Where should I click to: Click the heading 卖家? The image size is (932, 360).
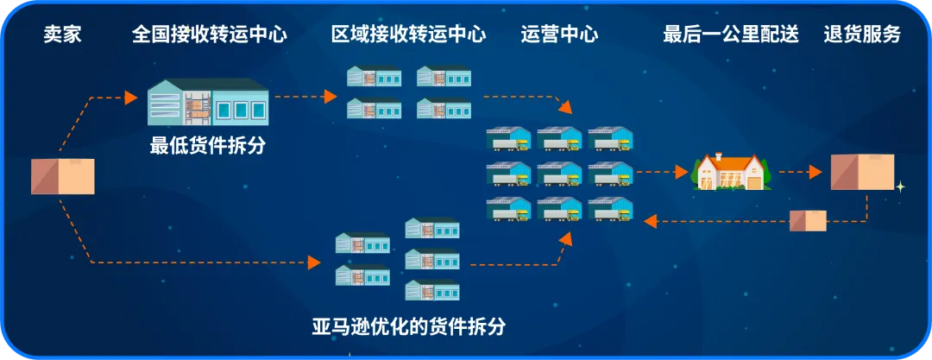pos(62,35)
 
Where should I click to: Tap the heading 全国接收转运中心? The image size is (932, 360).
pos(210,35)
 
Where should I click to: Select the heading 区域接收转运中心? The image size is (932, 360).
pos(408,35)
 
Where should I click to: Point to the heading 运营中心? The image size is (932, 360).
pos(559,35)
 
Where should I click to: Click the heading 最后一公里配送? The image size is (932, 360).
pos(730,35)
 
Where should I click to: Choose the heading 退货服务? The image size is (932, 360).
pos(862,35)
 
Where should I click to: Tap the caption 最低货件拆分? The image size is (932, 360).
pos(208,146)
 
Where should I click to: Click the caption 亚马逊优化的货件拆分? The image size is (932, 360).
pos(409,327)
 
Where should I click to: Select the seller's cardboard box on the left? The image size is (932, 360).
pos(62,175)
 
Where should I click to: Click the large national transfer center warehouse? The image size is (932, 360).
pos(208,103)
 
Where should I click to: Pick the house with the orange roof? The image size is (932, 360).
pos(730,172)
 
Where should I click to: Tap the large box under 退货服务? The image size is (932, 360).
pos(862,172)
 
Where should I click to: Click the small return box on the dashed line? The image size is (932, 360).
pos(809,220)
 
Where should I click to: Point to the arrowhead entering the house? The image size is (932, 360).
pos(682,172)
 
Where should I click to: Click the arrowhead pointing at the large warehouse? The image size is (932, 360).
pos(131,97)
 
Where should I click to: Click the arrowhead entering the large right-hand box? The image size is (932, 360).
pos(815,172)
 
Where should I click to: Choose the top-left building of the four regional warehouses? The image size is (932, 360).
pos(374,76)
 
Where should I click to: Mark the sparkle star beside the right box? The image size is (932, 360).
pos(900,186)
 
